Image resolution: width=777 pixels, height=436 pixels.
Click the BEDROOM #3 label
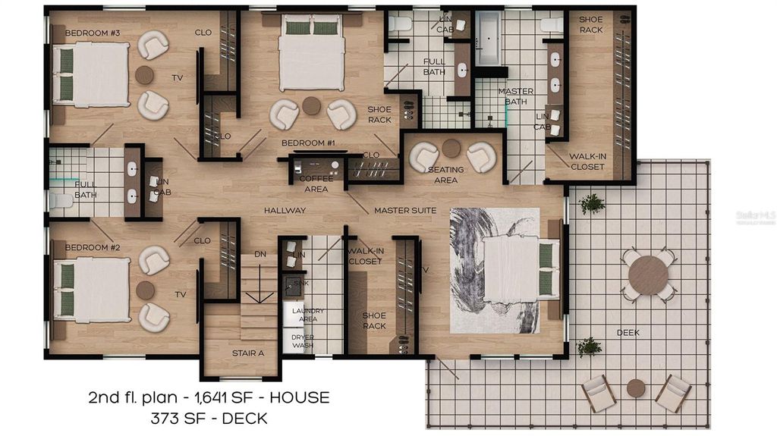pyautogui.click(x=93, y=33)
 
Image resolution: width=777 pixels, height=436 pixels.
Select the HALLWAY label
pyautogui.click(x=285, y=210)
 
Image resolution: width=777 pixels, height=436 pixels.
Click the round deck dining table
pyautogui.click(x=648, y=274)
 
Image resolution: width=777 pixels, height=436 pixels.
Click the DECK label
pyautogui.click(x=628, y=333)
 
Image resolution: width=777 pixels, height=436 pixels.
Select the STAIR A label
pyautogui.click(x=247, y=353)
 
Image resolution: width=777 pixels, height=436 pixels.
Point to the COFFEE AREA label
pyautogui.click(x=316, y=184)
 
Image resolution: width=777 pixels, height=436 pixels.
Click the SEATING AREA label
pyautogui.click(x=446, y=175)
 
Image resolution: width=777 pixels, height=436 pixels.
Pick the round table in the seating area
pyautogui.click(x=451, y=148)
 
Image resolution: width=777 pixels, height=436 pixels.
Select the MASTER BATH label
pyautogui.click(x=516, y=96)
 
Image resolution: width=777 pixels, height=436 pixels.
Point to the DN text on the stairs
pyautogui.click(x=260, y=253)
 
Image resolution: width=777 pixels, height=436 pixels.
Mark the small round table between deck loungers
pyautogui.click(x=636, y=388)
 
